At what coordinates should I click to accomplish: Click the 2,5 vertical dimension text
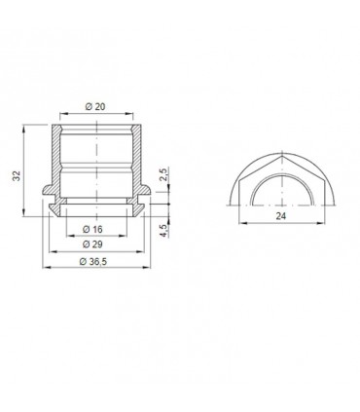166,173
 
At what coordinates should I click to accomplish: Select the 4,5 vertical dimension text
166,230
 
